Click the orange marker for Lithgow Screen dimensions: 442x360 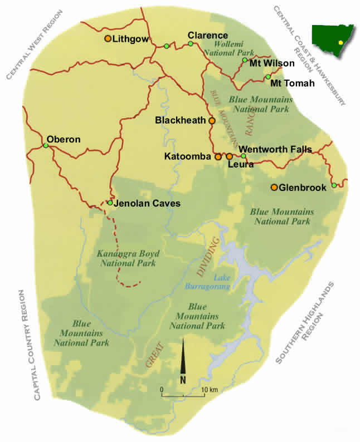108,38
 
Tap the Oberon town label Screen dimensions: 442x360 64,139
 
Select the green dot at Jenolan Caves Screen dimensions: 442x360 110,203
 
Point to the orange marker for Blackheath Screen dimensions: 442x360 212,120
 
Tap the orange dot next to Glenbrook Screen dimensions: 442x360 274,187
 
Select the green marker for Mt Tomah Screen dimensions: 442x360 268,77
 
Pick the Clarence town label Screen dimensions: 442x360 207,35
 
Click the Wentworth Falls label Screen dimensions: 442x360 275,149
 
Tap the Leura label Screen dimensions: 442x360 241,165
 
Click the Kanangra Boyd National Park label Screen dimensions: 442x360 125,258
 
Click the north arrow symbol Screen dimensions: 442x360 183,361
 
